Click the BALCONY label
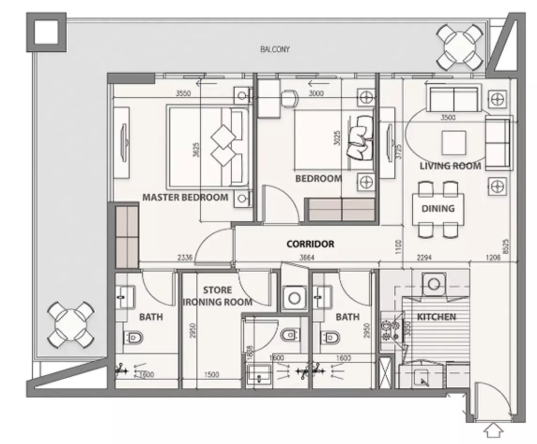click(275, 49)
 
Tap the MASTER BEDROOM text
click(185, 197)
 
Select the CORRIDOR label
click(310, 244)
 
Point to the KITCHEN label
click(437, 317)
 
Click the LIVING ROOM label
click(450, 166)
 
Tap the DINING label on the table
click(437, 208)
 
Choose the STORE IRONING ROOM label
click(217, 296)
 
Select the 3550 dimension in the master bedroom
click(183, 93)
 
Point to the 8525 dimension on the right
click(505, 246)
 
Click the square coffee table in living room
click(453, 143)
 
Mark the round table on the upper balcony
click(460, 47)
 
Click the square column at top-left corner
click(46, 32)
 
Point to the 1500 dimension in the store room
click(212, 375)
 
